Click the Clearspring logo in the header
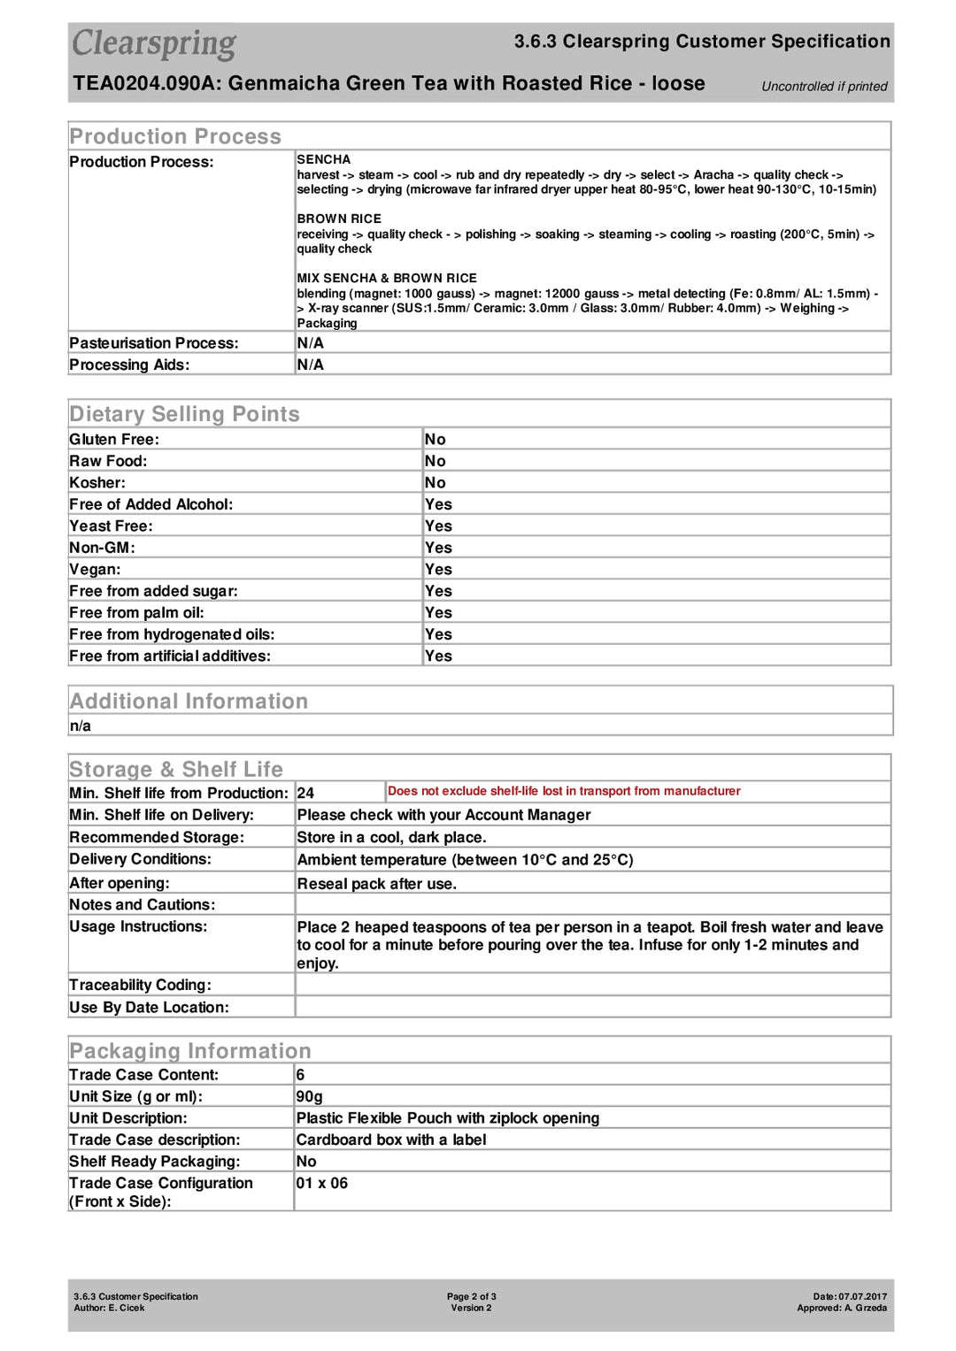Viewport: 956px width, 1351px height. [x=154, y=43]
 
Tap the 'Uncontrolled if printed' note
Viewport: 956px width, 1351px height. [x=824, y=87]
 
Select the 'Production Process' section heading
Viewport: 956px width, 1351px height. [x=175, y=136]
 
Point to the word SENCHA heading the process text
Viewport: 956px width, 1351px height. [x=324, y=160]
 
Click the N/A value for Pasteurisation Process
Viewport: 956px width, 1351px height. [x=310, y=343]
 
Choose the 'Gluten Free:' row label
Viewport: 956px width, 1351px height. [x=114, y=440]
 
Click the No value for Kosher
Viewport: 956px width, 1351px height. [x=435, y=483]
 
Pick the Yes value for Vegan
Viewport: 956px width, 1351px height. [x=438, y=570]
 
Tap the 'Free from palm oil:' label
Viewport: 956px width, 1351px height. [x=136, y=613]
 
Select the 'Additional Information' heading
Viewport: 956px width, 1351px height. [x=189, y=702]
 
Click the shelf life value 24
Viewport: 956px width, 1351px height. [x=305, y=794]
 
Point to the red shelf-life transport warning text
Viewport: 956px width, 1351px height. [x=564, y=792]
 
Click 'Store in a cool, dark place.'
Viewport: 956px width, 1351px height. [x=391, y=838]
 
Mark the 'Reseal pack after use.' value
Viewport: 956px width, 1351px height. [x=376, y=884]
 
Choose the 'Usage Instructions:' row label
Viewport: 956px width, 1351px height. [x=138, y=927]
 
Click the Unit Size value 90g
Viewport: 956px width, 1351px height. [x=309, y=1097]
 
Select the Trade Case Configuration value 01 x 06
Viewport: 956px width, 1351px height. [x=321, y=1184]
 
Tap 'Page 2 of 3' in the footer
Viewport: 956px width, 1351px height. [x=471, y=1297]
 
